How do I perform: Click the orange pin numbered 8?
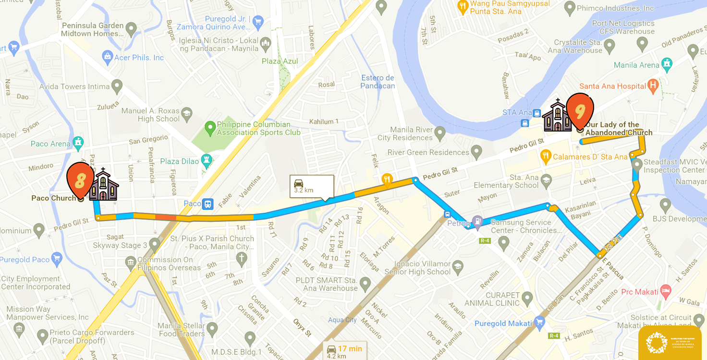click(x=80, y=179)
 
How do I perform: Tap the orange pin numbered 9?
click(x=580, y=110)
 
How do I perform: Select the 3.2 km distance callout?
click(x=311, y=186)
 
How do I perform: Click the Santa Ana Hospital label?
click(x=612, y=86)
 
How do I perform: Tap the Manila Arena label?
click(x=636, y=65)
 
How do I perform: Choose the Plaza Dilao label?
click(x=180, y=161)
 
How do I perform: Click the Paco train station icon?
click(x=207, y=204)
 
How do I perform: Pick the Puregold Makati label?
click(x=503, y=323)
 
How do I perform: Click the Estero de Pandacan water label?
click(x=378, y=82)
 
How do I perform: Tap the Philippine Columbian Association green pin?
click(x=209, y=128)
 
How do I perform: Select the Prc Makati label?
click(x=639, y=292)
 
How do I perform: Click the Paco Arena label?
click(x=50, y=144)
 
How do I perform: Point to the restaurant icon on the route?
click(x=387, y=180)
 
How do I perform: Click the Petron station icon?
click(x=477, y=221)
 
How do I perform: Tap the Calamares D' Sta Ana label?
click(x=590, y=156)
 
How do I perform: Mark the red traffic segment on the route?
click(x=165, y=217)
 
